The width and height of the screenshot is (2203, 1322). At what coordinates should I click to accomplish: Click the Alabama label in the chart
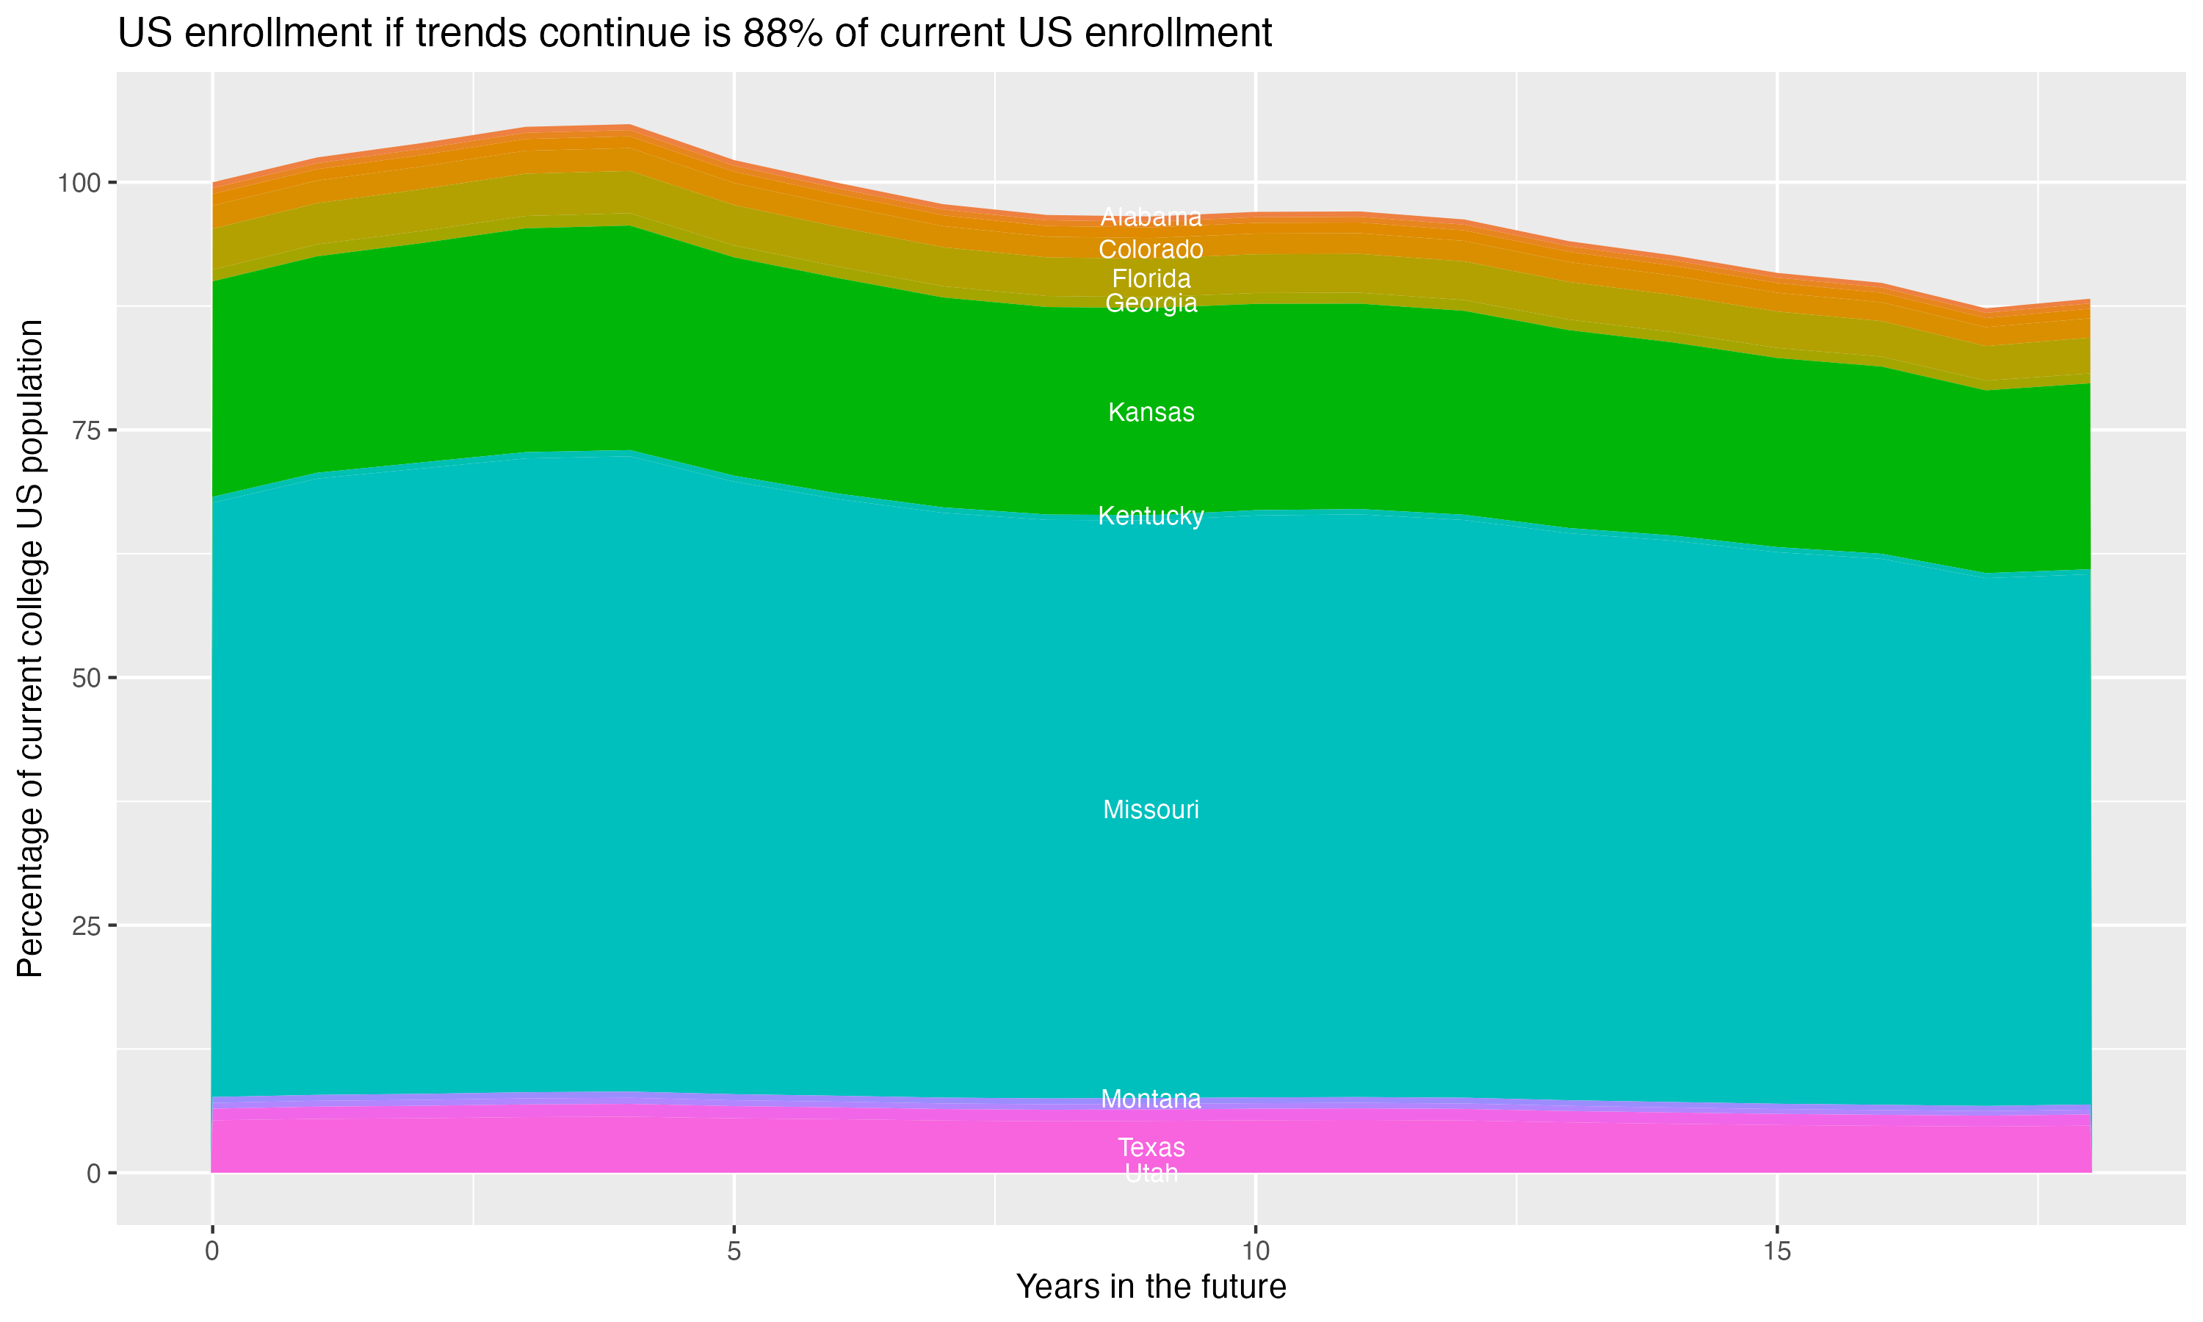pos(1151,217)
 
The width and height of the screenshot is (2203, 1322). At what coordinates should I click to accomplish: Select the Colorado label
pos(1151,250)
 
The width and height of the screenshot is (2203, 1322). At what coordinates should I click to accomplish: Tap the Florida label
pos(1151,279)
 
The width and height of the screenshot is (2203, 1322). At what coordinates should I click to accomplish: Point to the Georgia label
pos(1151,304)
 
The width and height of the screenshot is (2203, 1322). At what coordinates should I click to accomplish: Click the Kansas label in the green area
pos(1151,413)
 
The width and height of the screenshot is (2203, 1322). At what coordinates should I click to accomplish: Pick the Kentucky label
pos(1151,516)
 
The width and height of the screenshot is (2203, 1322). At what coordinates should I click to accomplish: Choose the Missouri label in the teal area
pos(1151,810)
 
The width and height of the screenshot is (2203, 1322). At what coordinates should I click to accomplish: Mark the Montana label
pos(1151,1099)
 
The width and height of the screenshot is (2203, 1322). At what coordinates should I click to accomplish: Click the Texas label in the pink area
pos(1151,1147)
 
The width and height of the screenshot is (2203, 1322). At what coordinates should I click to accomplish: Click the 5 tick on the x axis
pos(734,1251)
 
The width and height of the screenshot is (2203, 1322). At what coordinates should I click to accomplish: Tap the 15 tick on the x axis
pos(1776,1251)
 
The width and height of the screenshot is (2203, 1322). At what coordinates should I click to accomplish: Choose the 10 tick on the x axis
pos(1255,1251)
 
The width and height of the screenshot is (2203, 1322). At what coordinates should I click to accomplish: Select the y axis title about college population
pos(30,648)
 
